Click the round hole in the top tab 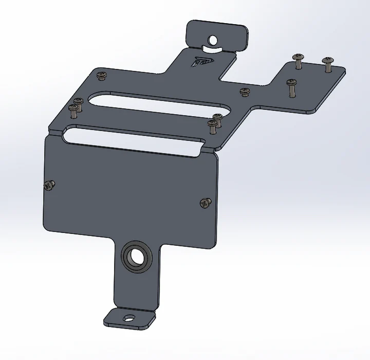click(213, 39)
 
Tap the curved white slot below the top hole click(213, 49)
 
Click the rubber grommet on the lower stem click(136, 256)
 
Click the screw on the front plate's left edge click(50, 185)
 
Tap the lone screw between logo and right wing click(244, 92)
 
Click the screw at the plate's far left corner click(101, 75)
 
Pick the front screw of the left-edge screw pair click(74, 109)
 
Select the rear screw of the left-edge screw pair click(79, 101)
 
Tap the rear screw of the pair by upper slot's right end click(218, 118)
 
